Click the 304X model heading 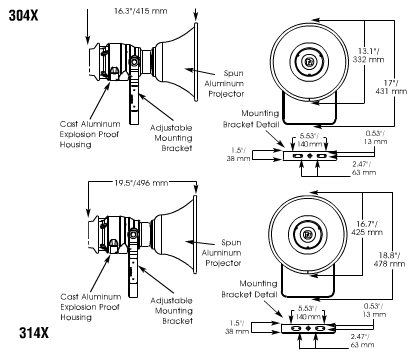point(23,15)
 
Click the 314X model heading point(34,332)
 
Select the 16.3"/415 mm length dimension point(141,11)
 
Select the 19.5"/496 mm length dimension point(141,183)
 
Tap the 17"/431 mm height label point(391,87)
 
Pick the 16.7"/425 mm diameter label point(367,228)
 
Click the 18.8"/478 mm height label point(389,260)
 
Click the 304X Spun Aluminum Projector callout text point(224,83)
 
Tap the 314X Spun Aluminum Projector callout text point(221,253)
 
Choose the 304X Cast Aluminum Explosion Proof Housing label point(90,134)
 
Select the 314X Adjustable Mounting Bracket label point(172,311)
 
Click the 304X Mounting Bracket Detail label point(251,119)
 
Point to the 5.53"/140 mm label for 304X point(309,140)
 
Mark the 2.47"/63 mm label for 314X point(363,341)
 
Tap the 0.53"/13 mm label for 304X point(375,137)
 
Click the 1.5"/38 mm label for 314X point(237,327)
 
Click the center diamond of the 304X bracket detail point(309,156)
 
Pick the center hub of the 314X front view point(307,234)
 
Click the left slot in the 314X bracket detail point(295,329)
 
